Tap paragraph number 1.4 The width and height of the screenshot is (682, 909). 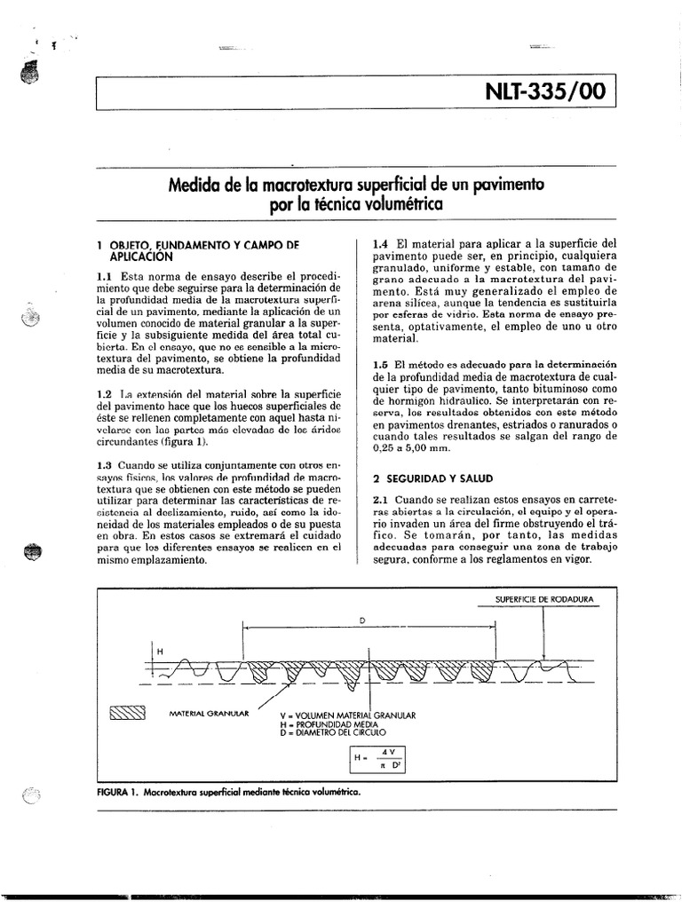point(380,241)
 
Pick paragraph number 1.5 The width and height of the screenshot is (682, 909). point(380,365)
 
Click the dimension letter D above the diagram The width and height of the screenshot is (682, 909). point(362,619)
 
